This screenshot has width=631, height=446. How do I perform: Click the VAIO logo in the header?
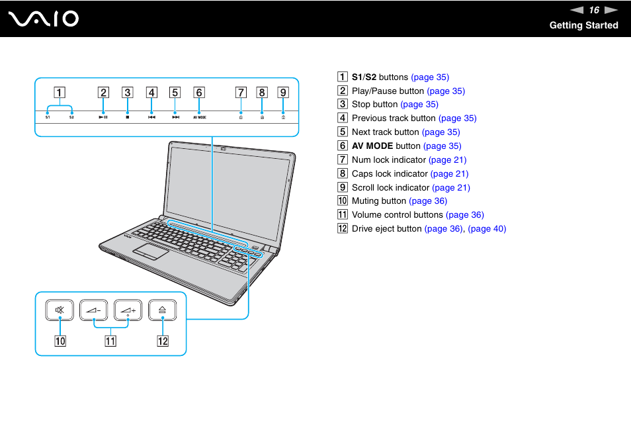pyautogui.click(x=44, y=19)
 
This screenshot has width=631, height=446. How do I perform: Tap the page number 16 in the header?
pyautogui.click(x=594, y=10)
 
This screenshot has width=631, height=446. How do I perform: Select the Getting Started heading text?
pyautogui.click(x=583, y=25)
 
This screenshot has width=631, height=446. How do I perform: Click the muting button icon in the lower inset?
pyautogui.click(x=60, y=309)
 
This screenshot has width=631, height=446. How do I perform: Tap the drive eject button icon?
pyautogui.click(x=163, y=309)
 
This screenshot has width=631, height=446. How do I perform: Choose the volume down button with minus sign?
pyautogui.click(x=94, y=309)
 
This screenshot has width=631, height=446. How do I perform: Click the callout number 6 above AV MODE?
pyautogui.click(x=199, y=93)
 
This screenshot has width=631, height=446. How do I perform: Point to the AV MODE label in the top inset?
pyautogui.click(x=200, y=116)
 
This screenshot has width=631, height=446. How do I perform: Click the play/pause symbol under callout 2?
pyautogui.click(x=103, y=116)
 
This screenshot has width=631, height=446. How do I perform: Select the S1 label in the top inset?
pyautogui.click(x=48, y=116)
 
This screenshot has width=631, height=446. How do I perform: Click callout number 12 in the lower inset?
pyautogui.click(x=163, y=341)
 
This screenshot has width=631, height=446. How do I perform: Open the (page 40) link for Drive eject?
pyautogui.click(x=487, y=228)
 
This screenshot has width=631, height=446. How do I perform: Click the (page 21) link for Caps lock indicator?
pyautogui.click(x=449, y=173)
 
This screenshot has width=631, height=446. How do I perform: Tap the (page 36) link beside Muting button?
pyautogui.click(x=428, y=201)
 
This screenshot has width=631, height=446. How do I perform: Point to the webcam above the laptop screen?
pyautogui.click(x=224, y=149)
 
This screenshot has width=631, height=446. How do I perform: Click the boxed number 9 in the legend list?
pyautogui.click(x=343, y=187)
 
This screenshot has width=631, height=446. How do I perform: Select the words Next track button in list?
pyautogui.click(x=386, y=132)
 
